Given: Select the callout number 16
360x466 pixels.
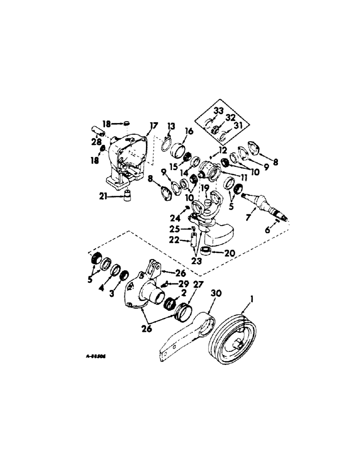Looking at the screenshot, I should click(x=176, y=132).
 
